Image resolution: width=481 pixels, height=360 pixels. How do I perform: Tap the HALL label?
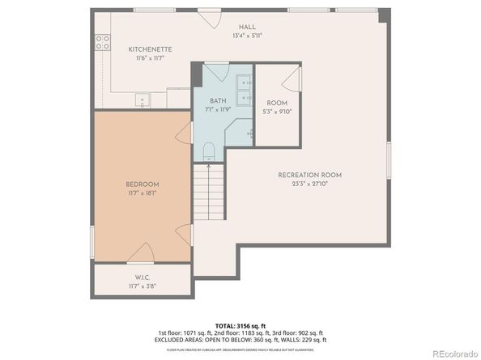(249, 26)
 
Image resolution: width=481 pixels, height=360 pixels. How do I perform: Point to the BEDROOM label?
(141, 184)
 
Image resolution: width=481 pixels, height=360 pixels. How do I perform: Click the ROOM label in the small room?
(277, 103)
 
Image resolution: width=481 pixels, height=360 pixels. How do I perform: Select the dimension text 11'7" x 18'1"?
(141, 193)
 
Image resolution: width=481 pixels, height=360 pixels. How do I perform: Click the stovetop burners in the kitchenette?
(103, 42)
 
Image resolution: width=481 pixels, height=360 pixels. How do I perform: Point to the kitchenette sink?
(143, 102)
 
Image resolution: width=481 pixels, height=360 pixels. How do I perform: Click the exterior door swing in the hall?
(211, 16)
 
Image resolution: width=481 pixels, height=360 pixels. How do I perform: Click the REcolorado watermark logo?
(453, 352)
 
